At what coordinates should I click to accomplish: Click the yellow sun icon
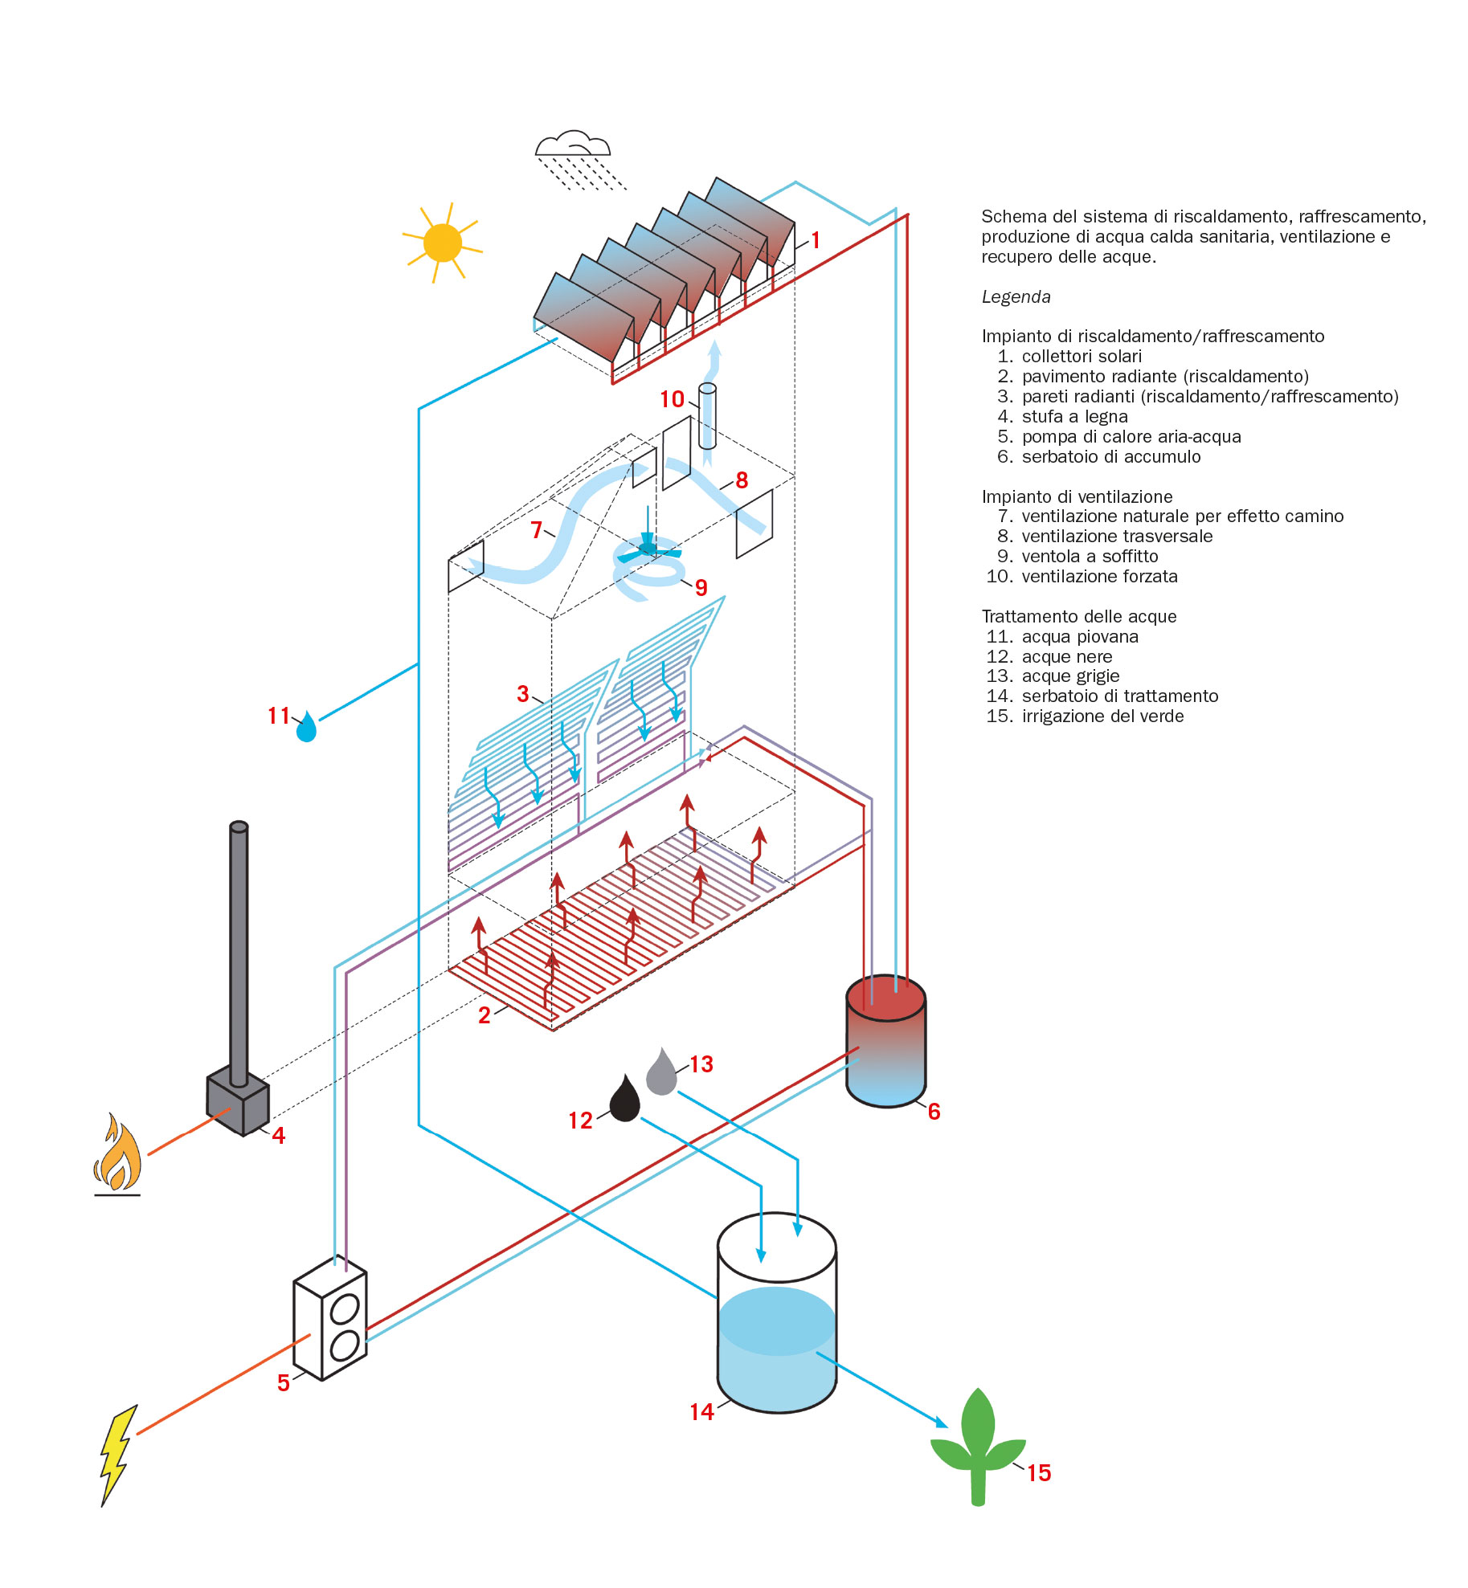coord(442,243)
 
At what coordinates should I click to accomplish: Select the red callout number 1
coord(816,240)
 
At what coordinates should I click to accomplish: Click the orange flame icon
coord(118,1152)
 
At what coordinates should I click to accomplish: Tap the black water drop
coord(624,1100)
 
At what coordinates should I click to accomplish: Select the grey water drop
coord(661,1072)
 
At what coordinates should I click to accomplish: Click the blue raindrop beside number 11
coord(306,728)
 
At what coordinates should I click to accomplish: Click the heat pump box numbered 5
coord(330,1318)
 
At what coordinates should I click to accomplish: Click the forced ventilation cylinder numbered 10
coord(707,416)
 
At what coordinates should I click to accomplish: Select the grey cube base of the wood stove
coord(238,1104)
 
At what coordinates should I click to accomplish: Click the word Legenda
coord(1016,297)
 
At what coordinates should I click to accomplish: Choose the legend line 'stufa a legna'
coord(1074,417)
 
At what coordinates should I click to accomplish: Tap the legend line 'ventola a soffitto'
coord(1090,557)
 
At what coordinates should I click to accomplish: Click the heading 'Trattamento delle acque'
coord(1078,617)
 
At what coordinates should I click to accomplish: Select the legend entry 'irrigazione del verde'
coord(1102,716)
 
